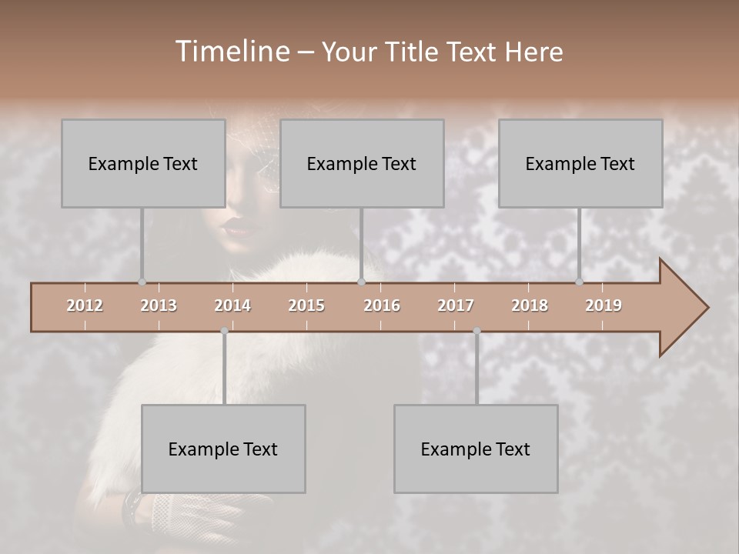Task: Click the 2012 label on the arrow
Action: [x=85, y=305]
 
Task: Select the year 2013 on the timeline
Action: [x=159, y=305]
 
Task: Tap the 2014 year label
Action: [x=232, y=305]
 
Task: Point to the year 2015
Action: [x=306, y=305]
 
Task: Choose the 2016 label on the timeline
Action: [x=382, y=305]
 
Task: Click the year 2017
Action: [x=456, y=305]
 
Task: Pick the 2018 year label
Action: [x=530, y=305]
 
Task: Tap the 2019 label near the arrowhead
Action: [x=604, y=305]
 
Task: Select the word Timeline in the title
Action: [x=231, y=52]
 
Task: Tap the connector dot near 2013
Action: [x=142, y=282]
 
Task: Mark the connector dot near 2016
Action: [x=361, y=282]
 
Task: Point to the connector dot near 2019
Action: [x=580, y=282]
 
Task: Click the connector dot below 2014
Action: [x=224, y=331]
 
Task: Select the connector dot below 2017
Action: [x=477, y=331]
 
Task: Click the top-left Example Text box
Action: [x=143, y=163]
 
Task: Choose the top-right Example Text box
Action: [x=580, y=163]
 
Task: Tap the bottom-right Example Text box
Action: [x=476, y=449]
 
